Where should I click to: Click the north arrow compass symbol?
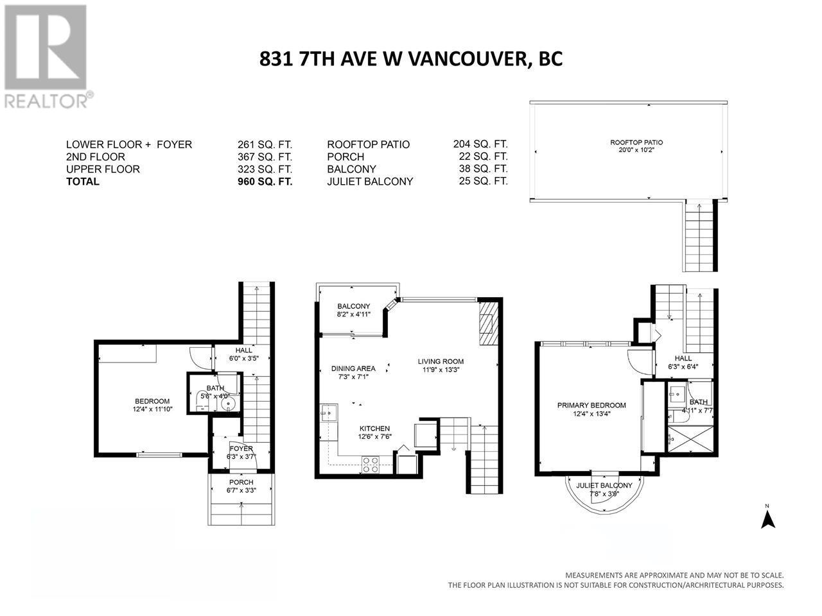click(x=767, y=517)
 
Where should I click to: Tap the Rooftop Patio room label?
click(x=636, y=142)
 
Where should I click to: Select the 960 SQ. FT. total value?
click(x=265, y=182)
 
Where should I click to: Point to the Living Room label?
click(x=441, y=361)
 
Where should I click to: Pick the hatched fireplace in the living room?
click(x=489, y=323)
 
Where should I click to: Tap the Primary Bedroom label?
click(x=591, y=405)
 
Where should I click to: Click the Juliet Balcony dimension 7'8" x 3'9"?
click(x=604, y=493)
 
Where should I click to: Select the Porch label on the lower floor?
click(x=241, y=482)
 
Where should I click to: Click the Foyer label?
click(x=241, y=449)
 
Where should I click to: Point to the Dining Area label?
click(x=353, y=368)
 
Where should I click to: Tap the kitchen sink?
click(x=329, y=413)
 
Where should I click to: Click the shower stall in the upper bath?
click(x=690, y=439)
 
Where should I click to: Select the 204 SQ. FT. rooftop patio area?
click(x=480, y=144)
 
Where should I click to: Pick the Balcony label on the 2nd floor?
click(x=353, y=306)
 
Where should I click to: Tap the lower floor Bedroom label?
click(x=152, y=401)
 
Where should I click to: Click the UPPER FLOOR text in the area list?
click(x=103, y=169)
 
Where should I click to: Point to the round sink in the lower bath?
click(x=228, y=404)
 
